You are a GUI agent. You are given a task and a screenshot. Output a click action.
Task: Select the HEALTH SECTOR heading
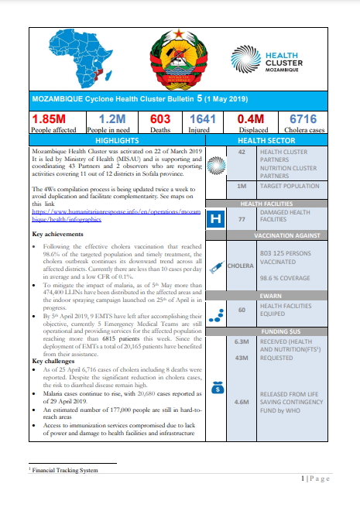(266, 142)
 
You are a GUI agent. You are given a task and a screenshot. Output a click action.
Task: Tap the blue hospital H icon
(218, 220)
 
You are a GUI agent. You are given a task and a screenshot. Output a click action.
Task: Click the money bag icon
(218, 386)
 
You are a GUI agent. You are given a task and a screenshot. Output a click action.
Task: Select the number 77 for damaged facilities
(241, 220)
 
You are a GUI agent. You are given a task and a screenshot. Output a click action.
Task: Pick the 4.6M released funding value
(241, 402)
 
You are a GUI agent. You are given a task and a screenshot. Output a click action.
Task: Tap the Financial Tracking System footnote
(65, 470)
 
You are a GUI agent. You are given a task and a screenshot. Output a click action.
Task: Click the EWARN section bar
(266, 296)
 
